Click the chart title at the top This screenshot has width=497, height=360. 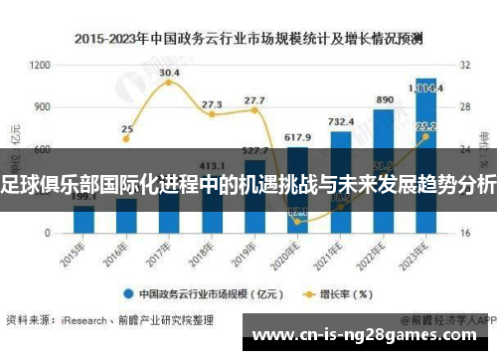248,39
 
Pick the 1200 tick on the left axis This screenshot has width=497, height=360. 41,65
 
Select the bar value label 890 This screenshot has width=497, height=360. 384,100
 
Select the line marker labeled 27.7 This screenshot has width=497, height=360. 254,110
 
